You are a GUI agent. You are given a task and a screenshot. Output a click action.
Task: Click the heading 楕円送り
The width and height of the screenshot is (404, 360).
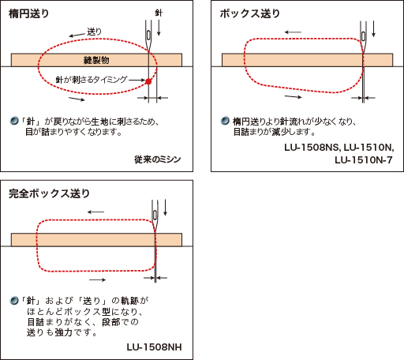point(28,13)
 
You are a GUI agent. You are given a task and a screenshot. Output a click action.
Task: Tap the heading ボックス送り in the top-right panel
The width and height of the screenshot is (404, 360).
point(249,13)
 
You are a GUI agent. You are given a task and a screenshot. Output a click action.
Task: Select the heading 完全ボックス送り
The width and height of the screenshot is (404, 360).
point(49,193)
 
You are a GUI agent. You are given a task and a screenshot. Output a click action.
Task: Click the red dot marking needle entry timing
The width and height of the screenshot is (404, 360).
point(148,81)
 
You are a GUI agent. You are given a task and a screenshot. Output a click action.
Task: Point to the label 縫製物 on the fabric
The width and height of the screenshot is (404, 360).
point(96,60)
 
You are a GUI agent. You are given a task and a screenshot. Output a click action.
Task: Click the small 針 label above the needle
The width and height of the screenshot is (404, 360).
point(159,13)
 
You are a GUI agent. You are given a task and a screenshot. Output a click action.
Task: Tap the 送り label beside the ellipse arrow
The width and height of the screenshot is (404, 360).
point(94,32)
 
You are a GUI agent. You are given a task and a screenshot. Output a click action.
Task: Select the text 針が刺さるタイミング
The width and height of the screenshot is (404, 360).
point(92,80)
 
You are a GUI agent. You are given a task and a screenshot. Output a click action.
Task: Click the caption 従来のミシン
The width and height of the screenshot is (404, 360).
point(158,159)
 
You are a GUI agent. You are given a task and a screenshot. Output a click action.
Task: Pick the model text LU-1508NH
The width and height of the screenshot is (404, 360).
point(154,347)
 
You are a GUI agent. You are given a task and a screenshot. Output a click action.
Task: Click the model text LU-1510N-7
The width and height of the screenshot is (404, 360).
point(364,159)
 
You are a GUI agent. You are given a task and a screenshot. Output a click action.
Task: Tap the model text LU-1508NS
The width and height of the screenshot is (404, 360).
point(312,148)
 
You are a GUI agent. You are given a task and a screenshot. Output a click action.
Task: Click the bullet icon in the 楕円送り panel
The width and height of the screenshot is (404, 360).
point(14,121)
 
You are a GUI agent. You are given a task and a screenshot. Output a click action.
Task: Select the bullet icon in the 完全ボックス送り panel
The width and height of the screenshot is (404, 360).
point(14,300)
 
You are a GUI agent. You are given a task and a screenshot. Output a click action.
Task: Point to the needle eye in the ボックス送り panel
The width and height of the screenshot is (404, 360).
point(364,36)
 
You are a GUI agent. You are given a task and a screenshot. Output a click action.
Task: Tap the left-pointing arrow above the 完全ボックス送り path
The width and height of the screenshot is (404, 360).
point(96,212)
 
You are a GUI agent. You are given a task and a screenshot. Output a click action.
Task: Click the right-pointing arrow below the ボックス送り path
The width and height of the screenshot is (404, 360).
point(294,96)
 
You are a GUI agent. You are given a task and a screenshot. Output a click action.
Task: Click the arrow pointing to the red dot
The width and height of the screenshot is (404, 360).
point(137,80)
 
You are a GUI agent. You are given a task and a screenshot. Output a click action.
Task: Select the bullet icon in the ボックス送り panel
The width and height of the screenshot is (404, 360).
point(225,121)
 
